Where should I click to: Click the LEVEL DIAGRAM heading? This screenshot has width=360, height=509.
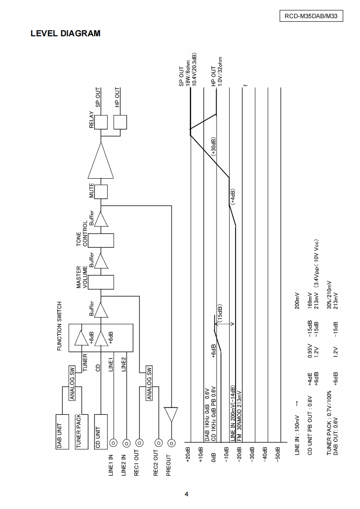[x=65, y=34]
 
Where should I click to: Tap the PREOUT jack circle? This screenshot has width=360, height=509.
[x=171, y=443]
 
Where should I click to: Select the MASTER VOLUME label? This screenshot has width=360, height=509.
[x=82, y=277]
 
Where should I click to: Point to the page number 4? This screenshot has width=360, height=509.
[x=186, y=494]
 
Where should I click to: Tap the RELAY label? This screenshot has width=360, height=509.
[x=92, y=121]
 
